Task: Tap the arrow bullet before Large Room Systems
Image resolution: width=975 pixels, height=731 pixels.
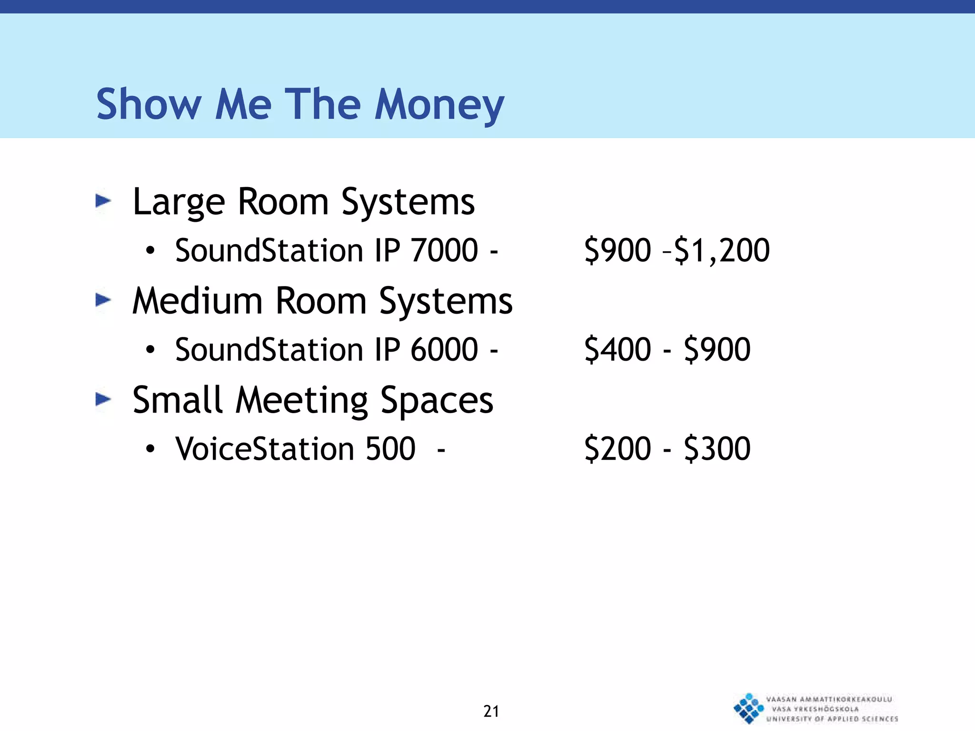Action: click(103, 201)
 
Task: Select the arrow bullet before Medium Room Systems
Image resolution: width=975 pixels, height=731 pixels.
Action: click(103, 300)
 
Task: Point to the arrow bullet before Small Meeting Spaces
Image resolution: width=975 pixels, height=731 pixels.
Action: click(103, 399)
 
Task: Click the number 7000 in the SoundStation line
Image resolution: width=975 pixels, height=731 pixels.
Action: click(444, 250)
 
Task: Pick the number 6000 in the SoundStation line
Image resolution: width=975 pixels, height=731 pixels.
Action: click(444, 349)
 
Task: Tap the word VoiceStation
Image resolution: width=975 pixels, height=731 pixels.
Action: click(265, 449)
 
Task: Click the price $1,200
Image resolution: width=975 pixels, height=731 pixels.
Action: click(722, 250)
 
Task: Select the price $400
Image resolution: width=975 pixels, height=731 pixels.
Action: click(617, 349)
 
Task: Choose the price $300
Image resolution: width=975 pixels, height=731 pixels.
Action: click(717, 449)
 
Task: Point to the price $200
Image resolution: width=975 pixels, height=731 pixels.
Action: click(617, 449)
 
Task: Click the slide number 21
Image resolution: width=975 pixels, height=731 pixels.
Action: click(491, 711)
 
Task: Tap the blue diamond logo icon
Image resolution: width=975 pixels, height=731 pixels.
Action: click(748, 708)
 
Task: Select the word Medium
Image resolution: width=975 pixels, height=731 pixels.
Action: click(198, 301)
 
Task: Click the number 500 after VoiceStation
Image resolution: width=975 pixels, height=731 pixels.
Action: click(390, 449)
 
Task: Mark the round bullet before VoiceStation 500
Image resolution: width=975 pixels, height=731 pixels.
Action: click(150, 449)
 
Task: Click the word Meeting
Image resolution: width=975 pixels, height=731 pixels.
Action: click(302, 401)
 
